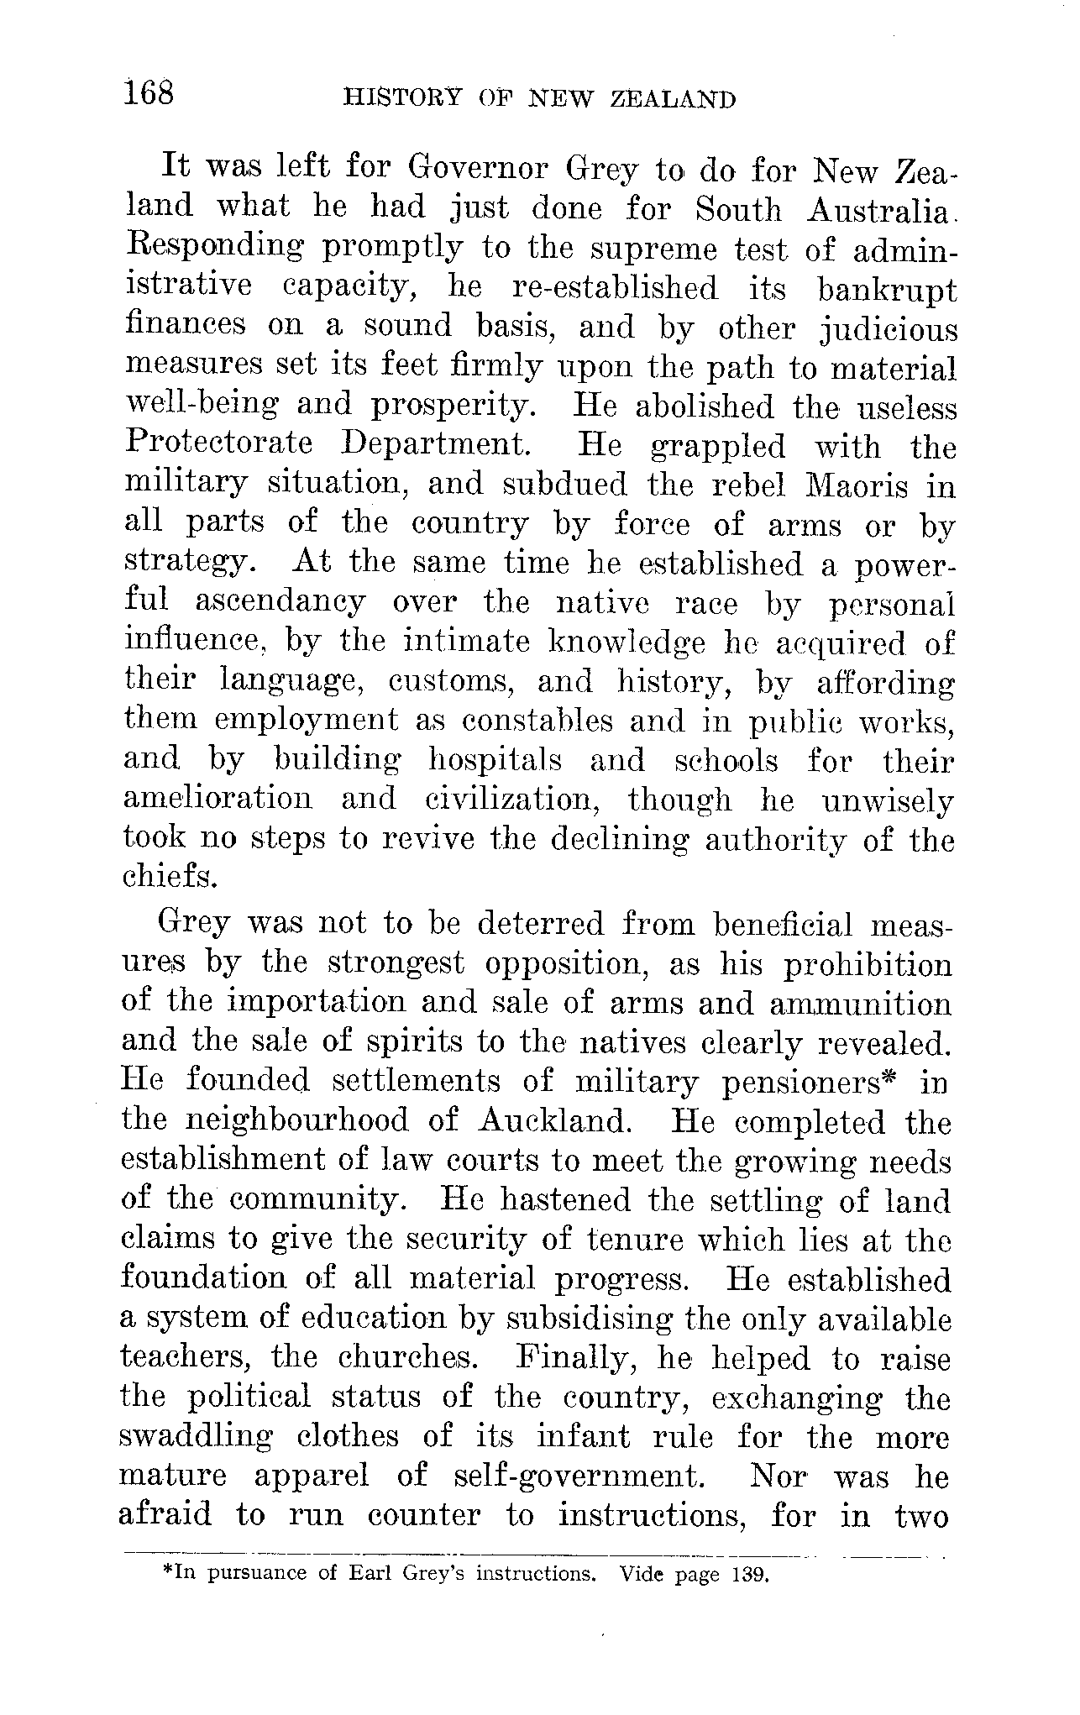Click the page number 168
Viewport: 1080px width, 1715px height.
pyautogui.click(x=149, y=92)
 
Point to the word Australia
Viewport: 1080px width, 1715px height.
pyautogui.click(x=878, y=209)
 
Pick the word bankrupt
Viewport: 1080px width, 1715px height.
pyautogui.click(x=886, y=289)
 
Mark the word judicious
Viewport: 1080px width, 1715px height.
pyautogui.click(x=888, y=328)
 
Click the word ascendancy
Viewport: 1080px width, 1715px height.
pyautogui.click(x=280, y=602)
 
